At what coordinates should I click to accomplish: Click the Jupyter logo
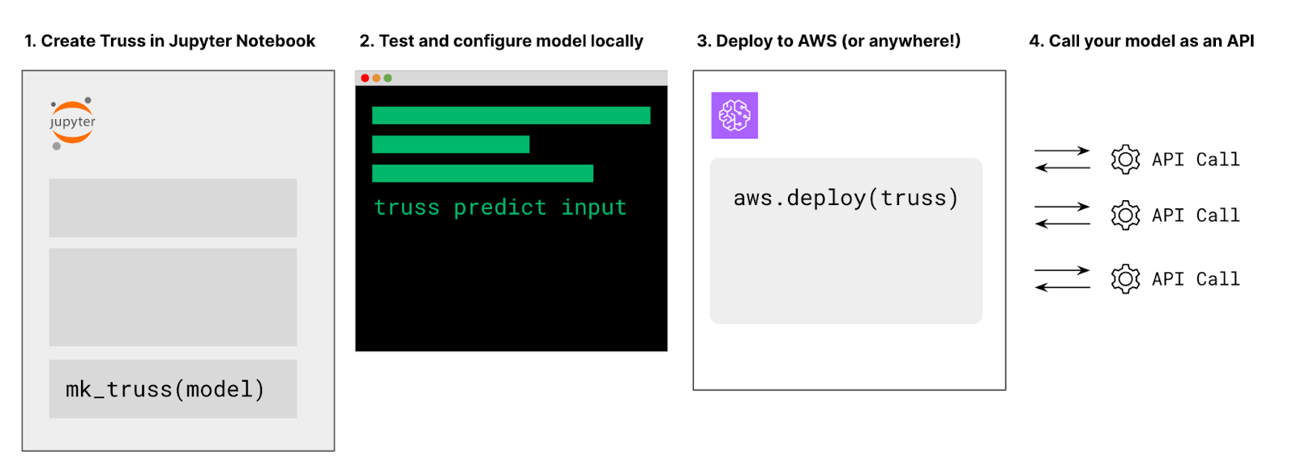73,122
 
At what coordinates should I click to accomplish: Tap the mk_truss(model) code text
165,390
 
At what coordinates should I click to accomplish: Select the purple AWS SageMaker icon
734,115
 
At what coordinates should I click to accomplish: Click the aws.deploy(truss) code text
845,199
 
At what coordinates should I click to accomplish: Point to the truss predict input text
500,208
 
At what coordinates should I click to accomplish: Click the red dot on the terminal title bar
365,78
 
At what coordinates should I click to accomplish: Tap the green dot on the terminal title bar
388,78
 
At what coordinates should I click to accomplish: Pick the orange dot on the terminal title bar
377,78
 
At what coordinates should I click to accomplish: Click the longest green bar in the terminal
511,115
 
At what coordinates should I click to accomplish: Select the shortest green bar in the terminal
451,144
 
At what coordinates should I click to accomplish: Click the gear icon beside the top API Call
1125,159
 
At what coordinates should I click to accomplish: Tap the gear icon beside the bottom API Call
1125,279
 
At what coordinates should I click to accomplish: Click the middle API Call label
1196,216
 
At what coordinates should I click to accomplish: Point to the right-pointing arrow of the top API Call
1062,151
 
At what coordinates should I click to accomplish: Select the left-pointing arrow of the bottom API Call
1062,287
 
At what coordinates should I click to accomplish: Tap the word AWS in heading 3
817,41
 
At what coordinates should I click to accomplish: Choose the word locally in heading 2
616,41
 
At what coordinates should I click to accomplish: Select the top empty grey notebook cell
173,208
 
